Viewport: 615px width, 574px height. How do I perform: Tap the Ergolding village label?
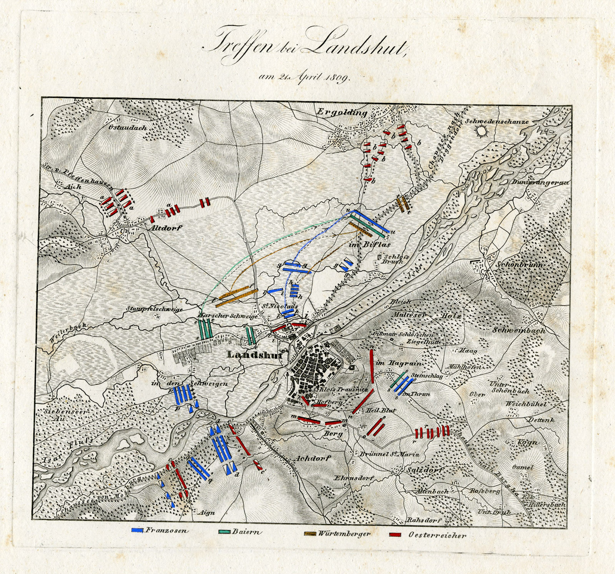click(342, 112)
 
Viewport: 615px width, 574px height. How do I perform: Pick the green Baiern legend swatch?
click(224, 531)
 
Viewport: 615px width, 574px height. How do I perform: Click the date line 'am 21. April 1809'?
click(304, 76)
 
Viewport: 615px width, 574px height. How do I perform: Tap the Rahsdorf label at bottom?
click(424, 521)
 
